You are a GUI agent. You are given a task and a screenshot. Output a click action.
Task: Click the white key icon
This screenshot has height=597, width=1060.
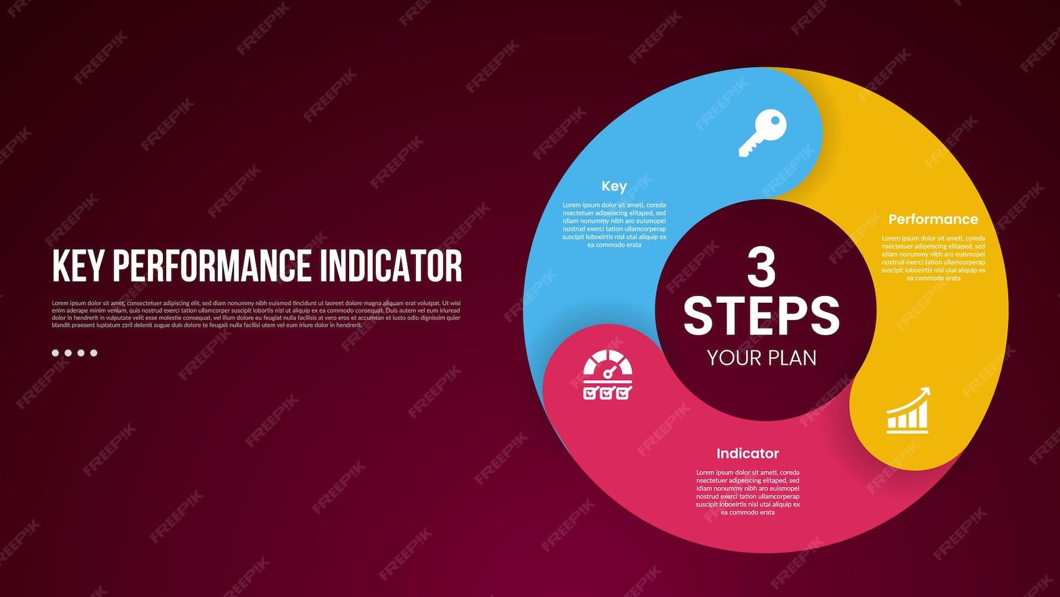click(762, 133)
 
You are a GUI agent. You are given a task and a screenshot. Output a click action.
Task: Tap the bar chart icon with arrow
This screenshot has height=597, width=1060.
click(907, 411)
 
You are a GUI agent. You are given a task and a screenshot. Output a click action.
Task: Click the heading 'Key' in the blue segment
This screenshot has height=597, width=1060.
click(614, 186)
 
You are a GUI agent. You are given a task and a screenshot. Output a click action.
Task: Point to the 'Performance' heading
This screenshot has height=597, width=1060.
click(933, 219)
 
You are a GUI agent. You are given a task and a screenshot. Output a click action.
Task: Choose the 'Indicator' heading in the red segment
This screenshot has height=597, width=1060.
click(747, 453)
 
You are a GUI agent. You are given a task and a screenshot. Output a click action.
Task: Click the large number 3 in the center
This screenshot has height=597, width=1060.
click(761, 267)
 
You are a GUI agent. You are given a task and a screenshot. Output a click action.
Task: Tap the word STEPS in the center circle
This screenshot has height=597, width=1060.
click(761, 316)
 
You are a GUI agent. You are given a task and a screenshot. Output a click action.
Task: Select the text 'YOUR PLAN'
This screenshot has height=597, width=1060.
click(761, 358)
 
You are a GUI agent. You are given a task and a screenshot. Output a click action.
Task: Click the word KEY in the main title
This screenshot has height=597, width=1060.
click(79, 266)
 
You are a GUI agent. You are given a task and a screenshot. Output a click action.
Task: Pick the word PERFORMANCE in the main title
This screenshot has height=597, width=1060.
click(212, 266)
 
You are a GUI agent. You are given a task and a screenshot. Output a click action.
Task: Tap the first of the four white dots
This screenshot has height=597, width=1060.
click(55, 353)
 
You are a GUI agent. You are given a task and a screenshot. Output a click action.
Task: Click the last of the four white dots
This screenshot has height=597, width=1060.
click(94, 353)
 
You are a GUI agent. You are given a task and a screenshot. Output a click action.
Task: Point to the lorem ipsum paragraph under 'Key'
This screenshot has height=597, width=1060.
click(614, 225)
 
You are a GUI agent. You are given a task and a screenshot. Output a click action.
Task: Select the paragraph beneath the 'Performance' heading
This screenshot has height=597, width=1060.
click(933, 258)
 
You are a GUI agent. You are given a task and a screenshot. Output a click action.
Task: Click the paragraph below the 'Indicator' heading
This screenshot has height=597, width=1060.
click(748, 492)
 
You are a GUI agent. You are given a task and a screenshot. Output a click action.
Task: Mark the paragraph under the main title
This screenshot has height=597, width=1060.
click(256, 314)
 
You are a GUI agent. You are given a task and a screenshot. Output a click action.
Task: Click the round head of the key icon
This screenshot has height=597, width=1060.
click(771, 124)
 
